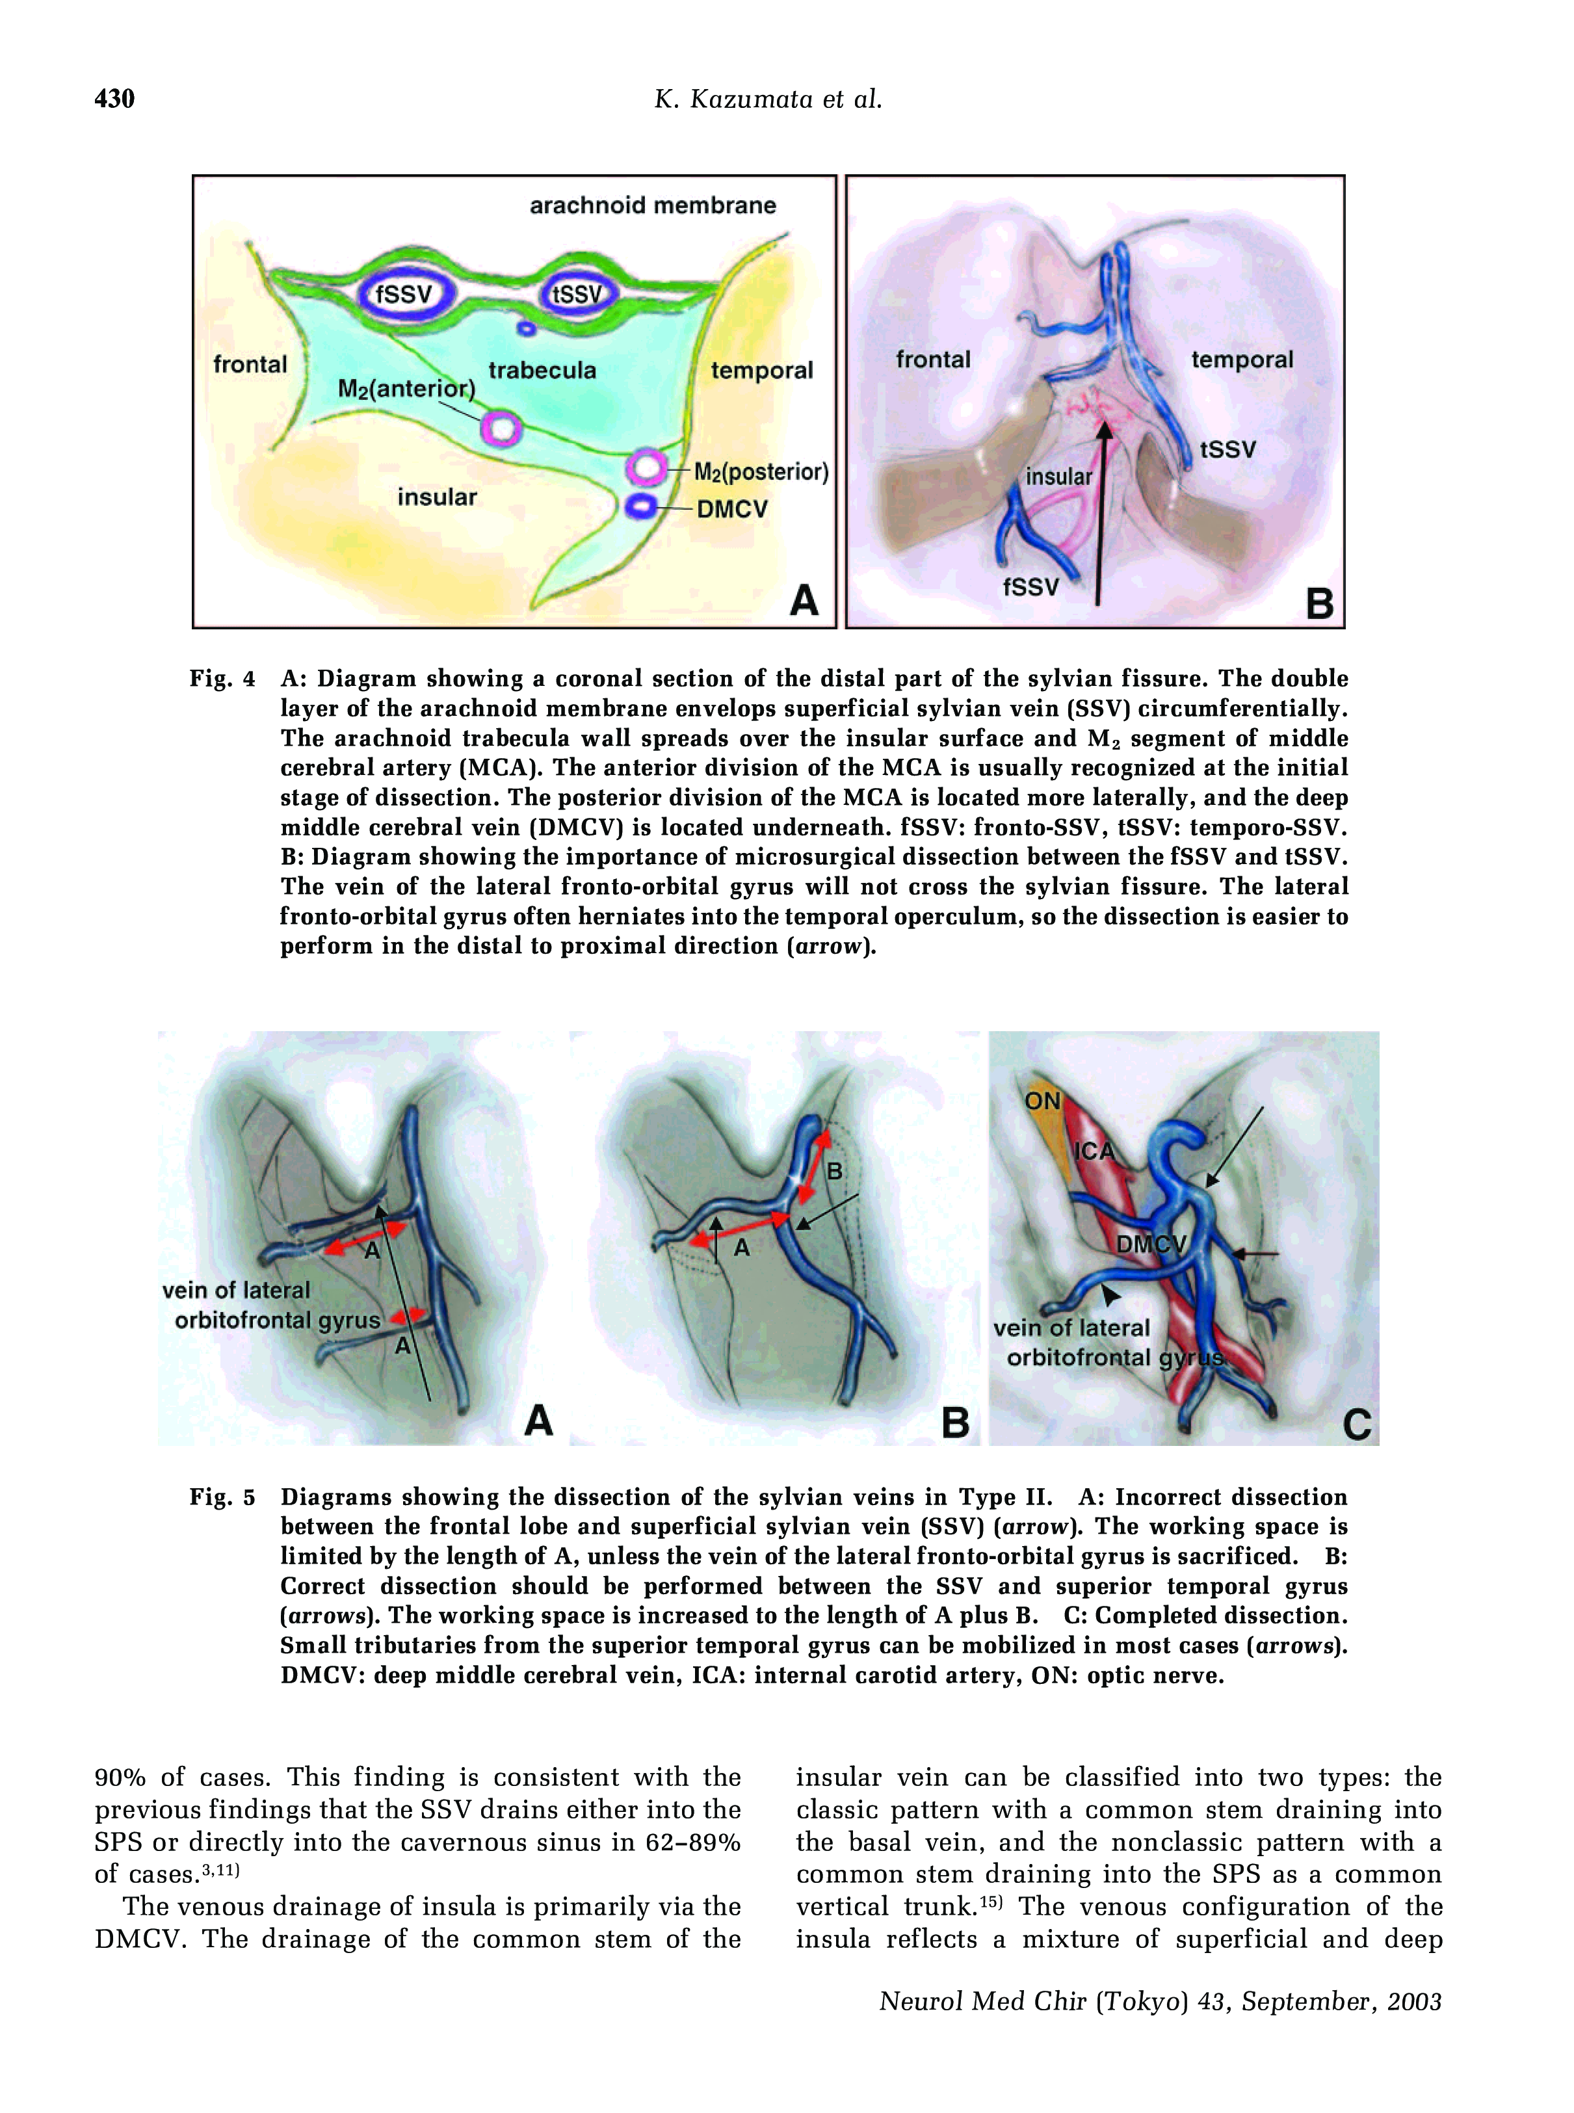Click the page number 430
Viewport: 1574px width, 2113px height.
pos(114,99)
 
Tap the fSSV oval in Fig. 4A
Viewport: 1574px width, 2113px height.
pos(403,295)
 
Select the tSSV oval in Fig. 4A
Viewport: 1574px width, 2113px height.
pos(577,295)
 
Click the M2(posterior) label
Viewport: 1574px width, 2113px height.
pos(760,471)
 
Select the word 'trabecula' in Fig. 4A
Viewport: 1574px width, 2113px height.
pos(542,371)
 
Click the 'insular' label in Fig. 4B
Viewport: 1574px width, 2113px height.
pos(1058,477)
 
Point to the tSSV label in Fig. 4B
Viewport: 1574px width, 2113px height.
pos(1227,449)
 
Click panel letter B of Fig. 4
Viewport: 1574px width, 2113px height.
pos(1318,603)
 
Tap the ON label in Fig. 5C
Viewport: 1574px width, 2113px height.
pos(1042,1101)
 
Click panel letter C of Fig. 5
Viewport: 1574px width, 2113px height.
pos(1357,1425)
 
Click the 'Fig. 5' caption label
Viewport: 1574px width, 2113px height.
pos(222,1497)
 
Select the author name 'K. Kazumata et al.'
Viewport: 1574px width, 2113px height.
pos(768,99)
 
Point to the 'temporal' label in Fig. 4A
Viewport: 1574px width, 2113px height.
pos(761,371)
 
